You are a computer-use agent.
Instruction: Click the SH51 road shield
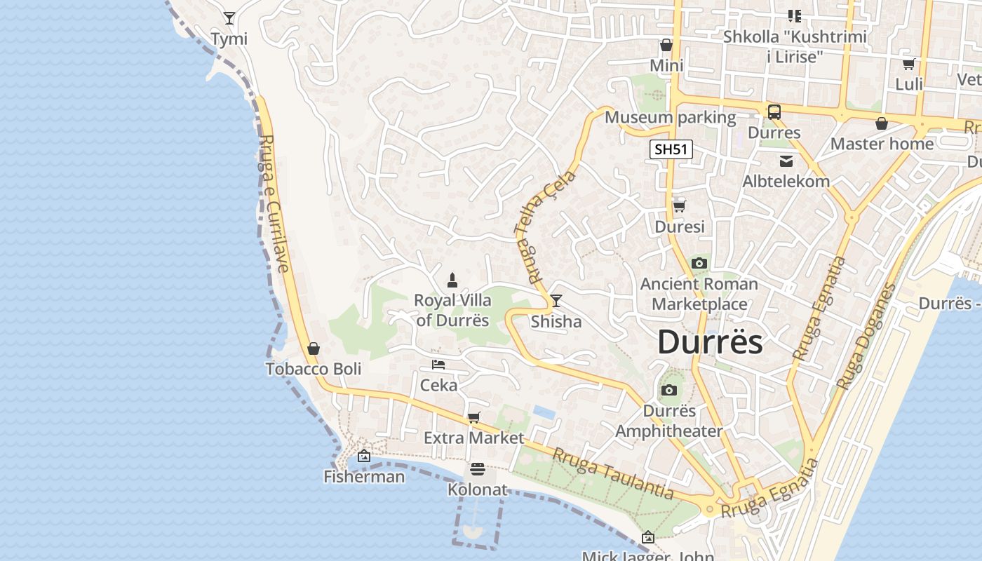coord(671,149)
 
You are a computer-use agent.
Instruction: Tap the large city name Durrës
coord(710,342)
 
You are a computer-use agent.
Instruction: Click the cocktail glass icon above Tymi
coord(229,18)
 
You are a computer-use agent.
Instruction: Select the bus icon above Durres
coord(774,112)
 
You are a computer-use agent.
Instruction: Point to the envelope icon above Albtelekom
coord(786,161)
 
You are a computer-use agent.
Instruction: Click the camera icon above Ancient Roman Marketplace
coord(699,264)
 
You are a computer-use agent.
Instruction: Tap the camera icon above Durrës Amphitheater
coord(669,391)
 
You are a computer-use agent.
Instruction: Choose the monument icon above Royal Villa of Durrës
coord(452,280)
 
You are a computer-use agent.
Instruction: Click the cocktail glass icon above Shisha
coord(556,301)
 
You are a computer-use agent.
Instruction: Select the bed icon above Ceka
coord(438,365)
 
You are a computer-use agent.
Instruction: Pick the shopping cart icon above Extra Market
coord(474,418)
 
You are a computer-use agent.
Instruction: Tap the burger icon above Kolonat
coord(478,469)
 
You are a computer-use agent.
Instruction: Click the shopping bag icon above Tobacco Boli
coord(314,349)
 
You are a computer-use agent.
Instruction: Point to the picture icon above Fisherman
coord(363,457)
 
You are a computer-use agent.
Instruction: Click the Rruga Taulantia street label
coord(613,474)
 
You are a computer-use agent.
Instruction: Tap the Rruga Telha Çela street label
coord(545,224)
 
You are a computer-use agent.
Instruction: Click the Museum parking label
coord(670,117)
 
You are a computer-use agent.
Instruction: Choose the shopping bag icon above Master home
coord(882,124)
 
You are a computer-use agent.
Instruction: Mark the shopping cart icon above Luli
coord(909,65)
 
